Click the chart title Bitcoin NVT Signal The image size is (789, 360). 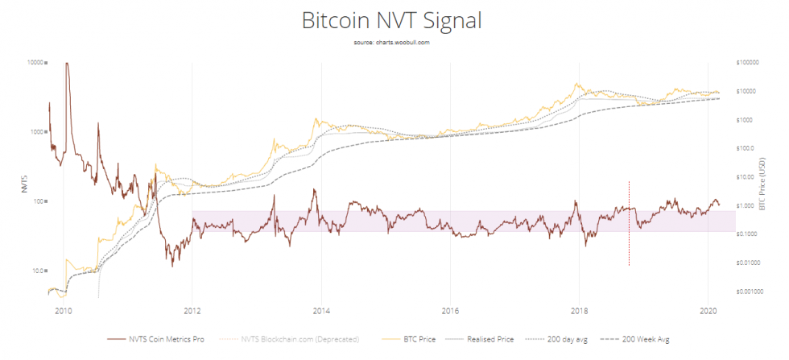(392, 21)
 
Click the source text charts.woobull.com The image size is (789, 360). (392, 43)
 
